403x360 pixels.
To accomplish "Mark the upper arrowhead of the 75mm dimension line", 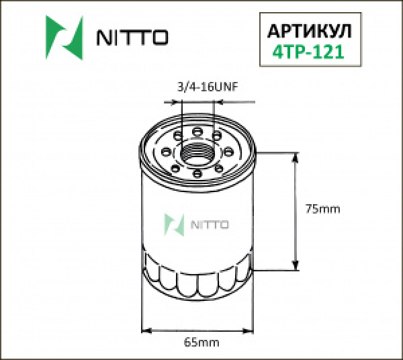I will (296, 157).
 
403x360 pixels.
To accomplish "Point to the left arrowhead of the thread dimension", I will (178, 102).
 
